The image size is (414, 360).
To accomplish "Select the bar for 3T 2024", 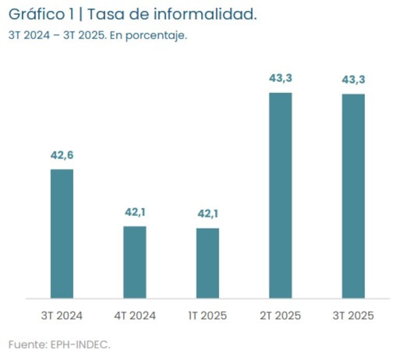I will (x=62, y=234).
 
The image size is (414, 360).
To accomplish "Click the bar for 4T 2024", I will (x=135, y=262).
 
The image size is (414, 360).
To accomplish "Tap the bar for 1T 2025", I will (x=208, y=263).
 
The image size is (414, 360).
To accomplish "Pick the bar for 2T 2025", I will (x=280, y=195).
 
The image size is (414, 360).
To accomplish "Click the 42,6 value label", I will (x=62, y=155).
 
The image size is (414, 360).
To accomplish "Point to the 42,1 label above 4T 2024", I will (x=135, y=212).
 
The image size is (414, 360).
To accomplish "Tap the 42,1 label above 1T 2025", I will (x=208, y=213).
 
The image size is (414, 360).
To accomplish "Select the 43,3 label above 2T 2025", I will (x=280, y=79).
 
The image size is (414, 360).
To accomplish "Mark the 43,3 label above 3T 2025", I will (x=353, y=80).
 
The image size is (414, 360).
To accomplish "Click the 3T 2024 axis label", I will (x=62, y=315).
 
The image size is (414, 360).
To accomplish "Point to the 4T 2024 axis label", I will (x=135, y=315).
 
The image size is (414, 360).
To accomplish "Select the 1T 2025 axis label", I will (x=208, y=315).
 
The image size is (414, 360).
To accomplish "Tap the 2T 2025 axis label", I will (x=280, y=315).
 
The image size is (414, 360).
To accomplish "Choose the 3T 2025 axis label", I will (x=353, y=315).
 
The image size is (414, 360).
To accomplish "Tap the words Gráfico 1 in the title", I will (x=41, y=16).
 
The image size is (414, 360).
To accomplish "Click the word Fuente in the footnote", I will (x=24, y=343).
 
